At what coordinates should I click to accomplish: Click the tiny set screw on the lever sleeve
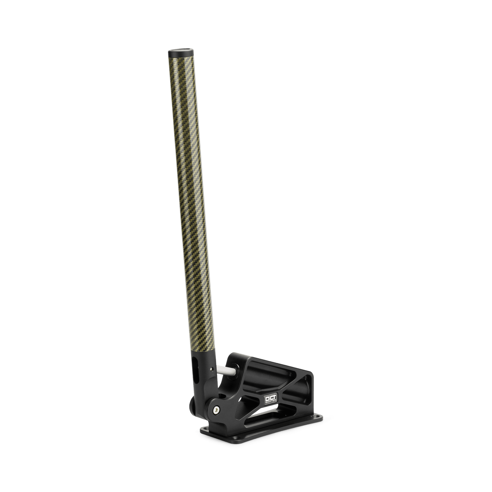212,368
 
